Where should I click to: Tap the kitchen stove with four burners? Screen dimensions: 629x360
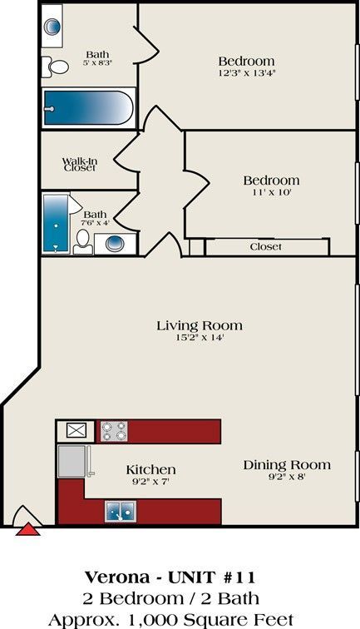coord(114,431)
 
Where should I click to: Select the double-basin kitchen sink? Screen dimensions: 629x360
coord(118,511)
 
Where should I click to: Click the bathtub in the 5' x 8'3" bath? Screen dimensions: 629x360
coord(87,108)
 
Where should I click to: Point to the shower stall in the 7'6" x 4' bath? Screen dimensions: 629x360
coord(56,223)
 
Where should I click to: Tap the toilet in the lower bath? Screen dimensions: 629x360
coord(83,241)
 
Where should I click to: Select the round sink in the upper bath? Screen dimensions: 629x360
coord(52,26)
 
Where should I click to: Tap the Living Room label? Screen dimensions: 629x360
coord(200,325)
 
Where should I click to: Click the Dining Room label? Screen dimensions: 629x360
coord(287,465)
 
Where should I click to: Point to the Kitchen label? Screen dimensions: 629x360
coord(150,469)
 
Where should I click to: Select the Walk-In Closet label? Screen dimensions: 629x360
coord(80,164)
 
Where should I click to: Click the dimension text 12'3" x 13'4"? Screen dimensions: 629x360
coord(246,73)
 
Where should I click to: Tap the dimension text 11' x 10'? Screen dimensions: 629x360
coord(271,192)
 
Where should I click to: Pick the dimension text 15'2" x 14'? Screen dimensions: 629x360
coord(200,338)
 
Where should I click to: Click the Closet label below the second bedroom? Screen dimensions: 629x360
coord(266,247)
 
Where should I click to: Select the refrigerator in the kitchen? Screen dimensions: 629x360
coord(72,460)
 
